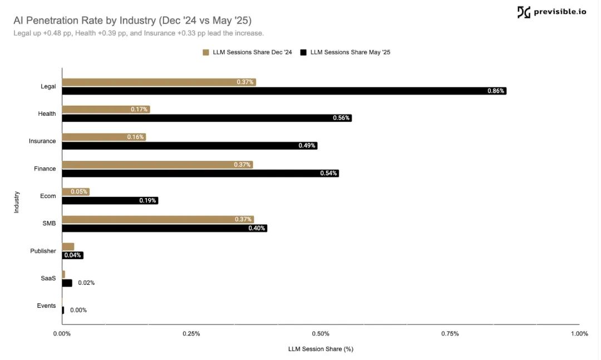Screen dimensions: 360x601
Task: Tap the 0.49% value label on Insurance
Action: [x=307, y=146]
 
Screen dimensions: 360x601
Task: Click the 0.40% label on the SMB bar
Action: [x=257, y=228]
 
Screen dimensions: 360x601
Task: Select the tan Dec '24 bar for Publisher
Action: [x=68, y=246]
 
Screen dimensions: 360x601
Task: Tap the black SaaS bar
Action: [x=67, y=283]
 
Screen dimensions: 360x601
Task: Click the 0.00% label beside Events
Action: [x=78, y=310]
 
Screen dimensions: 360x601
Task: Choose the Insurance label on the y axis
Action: [x=42, y=141]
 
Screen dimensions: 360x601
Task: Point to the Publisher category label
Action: [x=43, y=251]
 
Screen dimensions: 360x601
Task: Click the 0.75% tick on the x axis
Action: [x=450, y=334]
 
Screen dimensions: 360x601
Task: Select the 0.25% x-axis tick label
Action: [x=191, y=334]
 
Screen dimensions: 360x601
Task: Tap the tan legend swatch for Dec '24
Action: [x=206, y=52]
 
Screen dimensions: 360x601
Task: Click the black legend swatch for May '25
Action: [x=303, y=52]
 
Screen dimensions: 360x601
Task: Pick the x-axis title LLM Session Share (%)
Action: [x=321, y=349]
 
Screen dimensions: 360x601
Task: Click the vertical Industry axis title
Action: [x=17, y=201]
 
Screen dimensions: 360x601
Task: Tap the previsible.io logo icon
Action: [x=524, y=12]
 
